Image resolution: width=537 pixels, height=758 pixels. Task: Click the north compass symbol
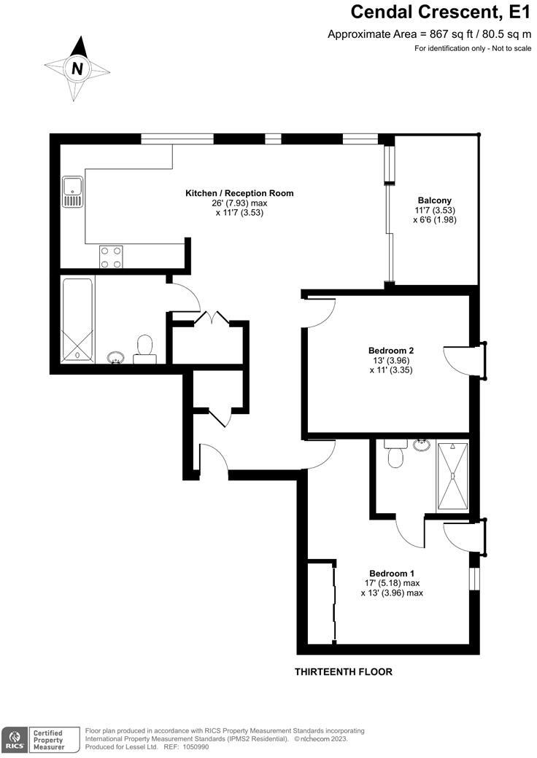[77, 69]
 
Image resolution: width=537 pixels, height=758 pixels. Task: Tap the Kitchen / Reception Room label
[239, 193]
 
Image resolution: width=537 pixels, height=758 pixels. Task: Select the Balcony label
[434, 200]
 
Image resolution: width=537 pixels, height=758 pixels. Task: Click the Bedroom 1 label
[392, 572]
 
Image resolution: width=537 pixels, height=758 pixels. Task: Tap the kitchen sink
[72, 191]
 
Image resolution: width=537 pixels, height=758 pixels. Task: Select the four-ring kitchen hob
[111, 257]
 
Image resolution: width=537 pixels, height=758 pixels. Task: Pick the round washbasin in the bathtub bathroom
[115, 357]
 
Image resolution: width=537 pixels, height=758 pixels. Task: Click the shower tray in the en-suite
[452, 475]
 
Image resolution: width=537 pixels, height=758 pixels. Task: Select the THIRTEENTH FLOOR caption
[343, 672]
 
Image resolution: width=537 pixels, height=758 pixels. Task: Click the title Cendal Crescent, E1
[440, 12]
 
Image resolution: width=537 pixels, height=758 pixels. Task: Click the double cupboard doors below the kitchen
[210, 318]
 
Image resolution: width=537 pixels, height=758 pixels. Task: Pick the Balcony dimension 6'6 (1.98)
[434, 220]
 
